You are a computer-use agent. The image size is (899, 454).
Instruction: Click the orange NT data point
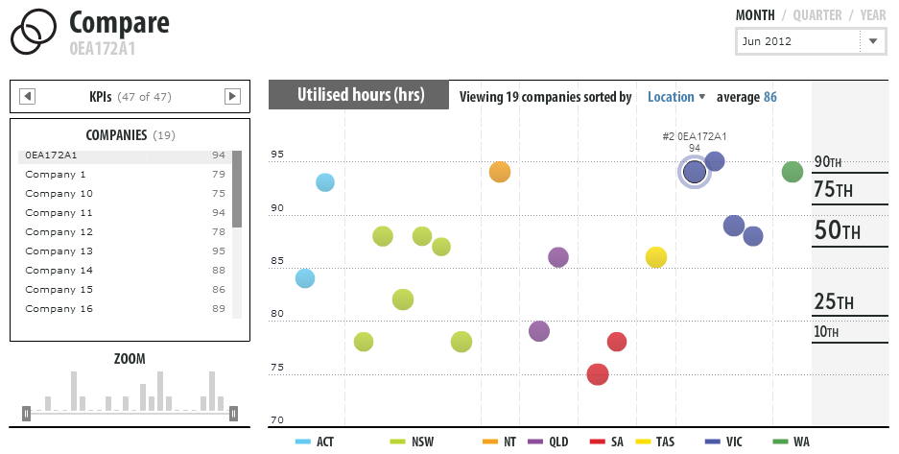[499, 172]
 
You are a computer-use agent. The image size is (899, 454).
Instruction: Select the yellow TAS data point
[656, 257]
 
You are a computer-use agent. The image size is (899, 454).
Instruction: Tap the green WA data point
[792, 172]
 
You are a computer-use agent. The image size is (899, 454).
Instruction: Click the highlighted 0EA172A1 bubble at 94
[694, 172]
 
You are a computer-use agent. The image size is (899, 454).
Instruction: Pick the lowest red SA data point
[598, 374]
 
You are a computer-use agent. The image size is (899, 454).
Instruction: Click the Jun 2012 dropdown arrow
[872, 42]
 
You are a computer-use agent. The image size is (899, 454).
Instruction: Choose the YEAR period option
[873, 15]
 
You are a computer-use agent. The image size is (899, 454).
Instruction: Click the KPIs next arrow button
[232, 96]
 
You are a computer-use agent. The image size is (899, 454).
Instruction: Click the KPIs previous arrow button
[28, 96]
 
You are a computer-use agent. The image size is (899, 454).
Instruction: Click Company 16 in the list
[59, 309]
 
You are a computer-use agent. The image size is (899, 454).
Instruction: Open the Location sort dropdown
[675, 97]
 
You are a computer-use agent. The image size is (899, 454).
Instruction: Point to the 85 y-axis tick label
[277, 261]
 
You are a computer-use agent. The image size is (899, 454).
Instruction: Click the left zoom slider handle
[27, 414]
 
